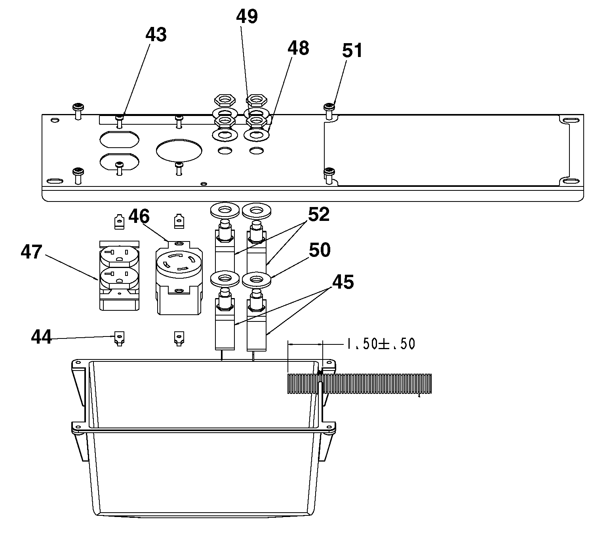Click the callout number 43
click(156, 34)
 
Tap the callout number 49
click(247, 16)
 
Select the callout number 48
click(298, 48)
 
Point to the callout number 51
click(352, 50)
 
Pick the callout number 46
click(139, 217)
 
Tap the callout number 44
click(41, 337)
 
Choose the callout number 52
click(319, 215)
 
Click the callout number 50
click(320, 250)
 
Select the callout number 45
click(343, 282)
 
